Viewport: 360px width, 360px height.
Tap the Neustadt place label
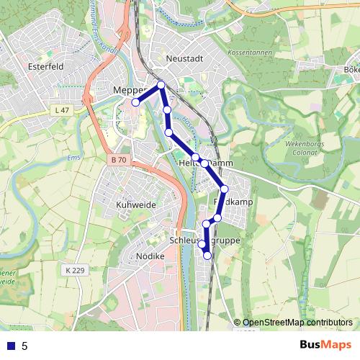pyautogui.click(x=185, y=59)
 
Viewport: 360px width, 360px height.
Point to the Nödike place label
pyautogui.click(x=150, y=256)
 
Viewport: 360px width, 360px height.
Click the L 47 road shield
pyautogui.click(x=63, y=109)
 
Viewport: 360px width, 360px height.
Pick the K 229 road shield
pyautogui.click(x=73, y=269)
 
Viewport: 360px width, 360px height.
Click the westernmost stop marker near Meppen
pyautogui.click(x=135, y=102)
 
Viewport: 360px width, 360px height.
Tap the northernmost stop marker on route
pyautogui.click(x=161, y=85)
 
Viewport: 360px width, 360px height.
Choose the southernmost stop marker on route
pyautogui.click(x=207, y=255)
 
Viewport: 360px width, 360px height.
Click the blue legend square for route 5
pyautogui.click(x=11, y=346)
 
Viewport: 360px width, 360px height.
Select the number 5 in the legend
pyautogui.click(x=25, y=346)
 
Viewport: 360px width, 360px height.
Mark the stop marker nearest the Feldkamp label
pyautogui.click(x=224, y=189)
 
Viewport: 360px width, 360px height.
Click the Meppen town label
pyautogui.click(x=130, y=89)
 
